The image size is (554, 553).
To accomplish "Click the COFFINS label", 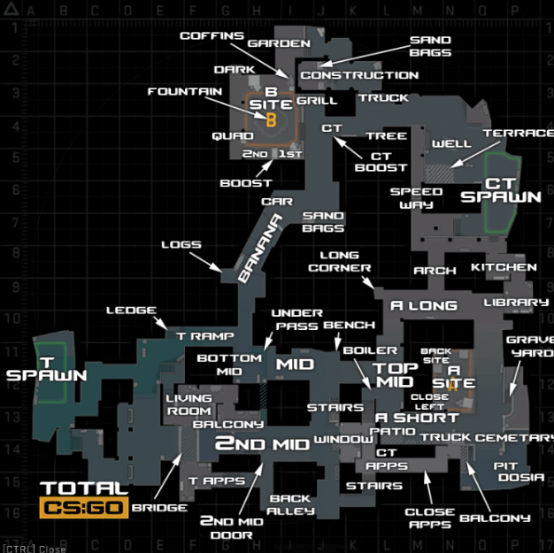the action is [212, 35].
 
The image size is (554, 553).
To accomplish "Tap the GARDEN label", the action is [279, 43].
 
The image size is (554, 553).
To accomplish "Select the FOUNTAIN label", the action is [185, 91].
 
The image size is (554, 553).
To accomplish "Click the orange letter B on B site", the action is [271, 119].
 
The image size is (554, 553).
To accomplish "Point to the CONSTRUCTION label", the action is [359, 75].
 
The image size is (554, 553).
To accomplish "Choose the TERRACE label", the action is [519, 134].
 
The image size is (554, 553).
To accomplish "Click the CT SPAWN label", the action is [501, 190].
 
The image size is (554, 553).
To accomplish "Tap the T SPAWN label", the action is [47, 369].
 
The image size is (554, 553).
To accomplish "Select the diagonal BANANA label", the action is [259, 248].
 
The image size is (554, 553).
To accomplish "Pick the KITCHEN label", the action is [504, 267].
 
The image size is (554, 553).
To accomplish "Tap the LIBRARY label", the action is [516, 302].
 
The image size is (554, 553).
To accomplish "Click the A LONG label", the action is [424, 305].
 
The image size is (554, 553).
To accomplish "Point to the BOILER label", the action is [370, 350].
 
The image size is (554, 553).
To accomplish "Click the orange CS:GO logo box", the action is [84, 508].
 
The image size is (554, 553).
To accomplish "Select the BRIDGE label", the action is [159, 508].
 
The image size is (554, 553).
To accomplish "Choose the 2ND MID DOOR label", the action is [231, 528].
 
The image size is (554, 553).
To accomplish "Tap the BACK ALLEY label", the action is [290, 504].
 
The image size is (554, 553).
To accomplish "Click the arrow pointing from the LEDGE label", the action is [160, 323].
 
